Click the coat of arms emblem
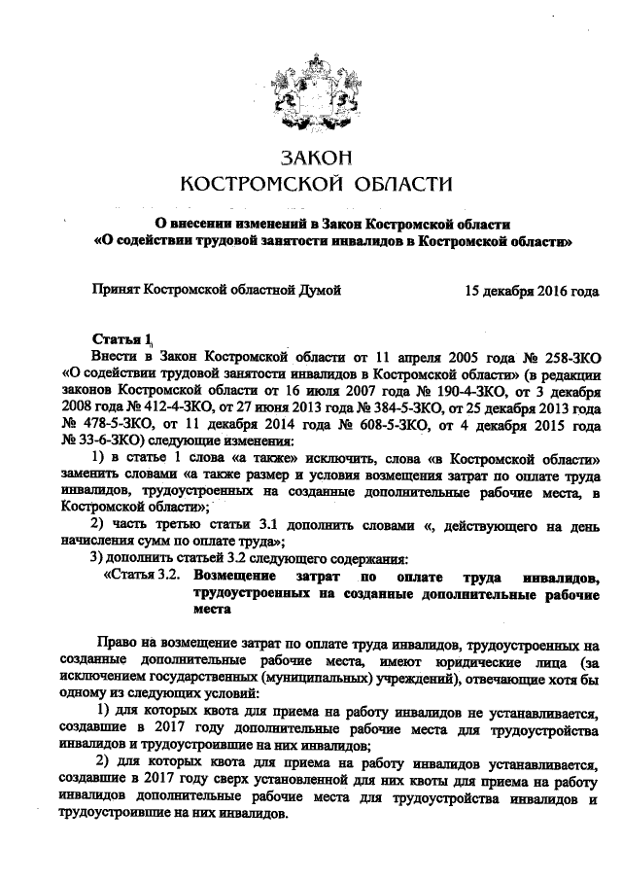(x=310, y=92)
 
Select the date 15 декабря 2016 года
(x=531, y=290)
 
